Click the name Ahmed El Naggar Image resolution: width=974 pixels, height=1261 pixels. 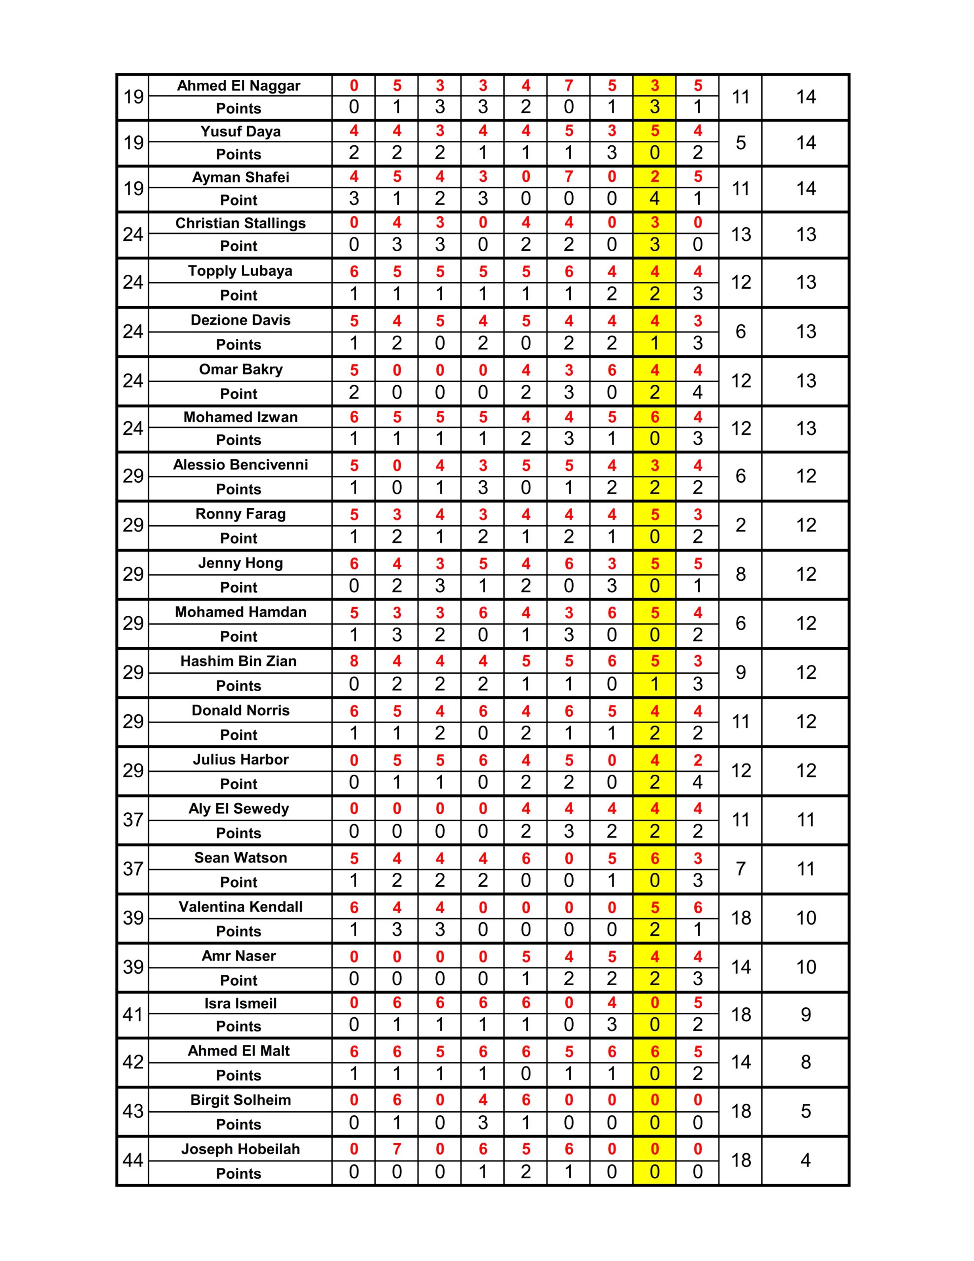click(x=238, y=85)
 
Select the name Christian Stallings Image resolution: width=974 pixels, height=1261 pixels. click(x=240, y=223)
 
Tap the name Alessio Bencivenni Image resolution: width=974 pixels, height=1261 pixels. click(x=240, y=465)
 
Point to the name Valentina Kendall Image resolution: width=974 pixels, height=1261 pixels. click(x=240, y=906)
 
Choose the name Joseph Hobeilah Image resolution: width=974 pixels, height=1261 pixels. click(x=240, y=1149)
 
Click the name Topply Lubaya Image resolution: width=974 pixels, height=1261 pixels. click(x=240, y=271)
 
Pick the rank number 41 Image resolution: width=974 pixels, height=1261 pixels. click(x=133, y=1014)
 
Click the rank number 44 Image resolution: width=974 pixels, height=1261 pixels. click(x=133, y=1161)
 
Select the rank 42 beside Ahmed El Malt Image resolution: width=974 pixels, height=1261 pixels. click(x=133, y=1062)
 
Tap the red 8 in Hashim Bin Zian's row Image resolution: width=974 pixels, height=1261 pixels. click(x=354, y=661)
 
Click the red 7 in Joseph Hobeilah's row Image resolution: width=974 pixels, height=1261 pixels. click(x=397, y=1149)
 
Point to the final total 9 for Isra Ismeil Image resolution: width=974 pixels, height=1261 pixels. click(x=806, y=1014)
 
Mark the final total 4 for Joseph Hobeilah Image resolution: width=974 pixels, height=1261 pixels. click(x=806, y=1161)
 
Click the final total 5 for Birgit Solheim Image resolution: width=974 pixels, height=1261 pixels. click(x=806, y=1111)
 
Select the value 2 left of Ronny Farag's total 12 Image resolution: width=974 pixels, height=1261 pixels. click(x=741, y=525)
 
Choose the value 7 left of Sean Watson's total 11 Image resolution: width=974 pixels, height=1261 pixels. click(x=741, y=868)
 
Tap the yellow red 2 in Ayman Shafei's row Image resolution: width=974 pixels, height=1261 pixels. click(x=654, y=177)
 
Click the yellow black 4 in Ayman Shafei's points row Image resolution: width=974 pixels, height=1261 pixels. click(x=654, y=199)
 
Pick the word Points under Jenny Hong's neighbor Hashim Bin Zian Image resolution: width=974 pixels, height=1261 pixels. click(x=238, y=686)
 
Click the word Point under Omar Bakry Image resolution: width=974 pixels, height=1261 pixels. click(x=238, y=394)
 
